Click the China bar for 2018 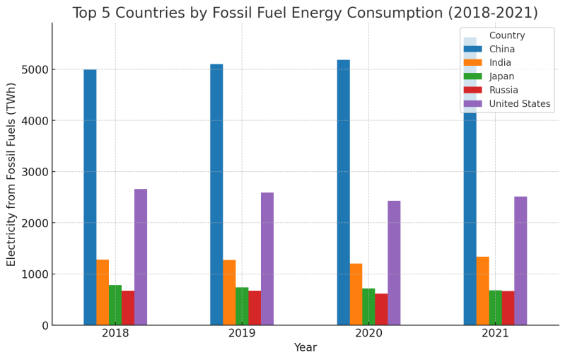90,197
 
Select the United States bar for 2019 267,259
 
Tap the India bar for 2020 356,294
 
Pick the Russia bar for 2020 381,309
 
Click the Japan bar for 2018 115,305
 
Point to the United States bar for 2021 520,261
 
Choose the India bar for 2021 482,291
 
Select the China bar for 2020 343,192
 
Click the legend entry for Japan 501,76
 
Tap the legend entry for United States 519,104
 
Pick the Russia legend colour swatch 472,91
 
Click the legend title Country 507,35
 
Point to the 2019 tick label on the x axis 242,333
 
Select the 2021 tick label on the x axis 495,333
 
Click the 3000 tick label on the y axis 35,172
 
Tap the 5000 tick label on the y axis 35,70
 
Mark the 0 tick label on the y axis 44,325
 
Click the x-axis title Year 305,347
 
